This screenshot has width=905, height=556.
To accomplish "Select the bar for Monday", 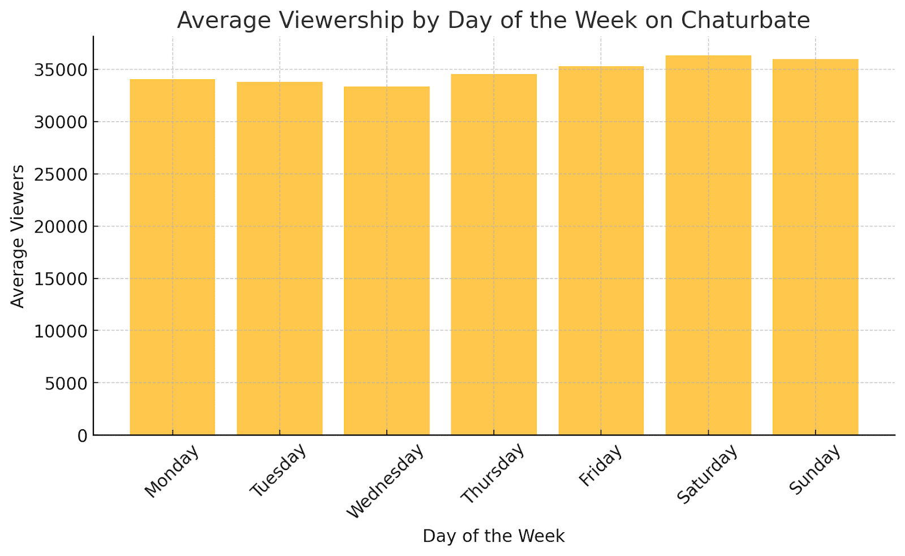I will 173,257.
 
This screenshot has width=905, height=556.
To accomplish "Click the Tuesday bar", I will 279,258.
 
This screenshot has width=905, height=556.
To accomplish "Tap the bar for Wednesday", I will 387,260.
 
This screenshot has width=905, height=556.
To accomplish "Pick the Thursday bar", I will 494,254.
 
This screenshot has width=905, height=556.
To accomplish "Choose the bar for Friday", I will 601,250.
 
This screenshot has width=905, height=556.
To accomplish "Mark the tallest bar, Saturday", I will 708,245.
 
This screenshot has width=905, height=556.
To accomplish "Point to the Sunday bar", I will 815,247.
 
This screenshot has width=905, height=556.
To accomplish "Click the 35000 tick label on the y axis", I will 61,70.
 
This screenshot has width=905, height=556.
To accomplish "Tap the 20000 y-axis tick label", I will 61,227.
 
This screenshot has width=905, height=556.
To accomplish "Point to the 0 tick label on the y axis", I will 83,436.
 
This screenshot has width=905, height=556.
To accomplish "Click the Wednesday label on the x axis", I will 386,481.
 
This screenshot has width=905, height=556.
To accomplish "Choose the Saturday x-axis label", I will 708,473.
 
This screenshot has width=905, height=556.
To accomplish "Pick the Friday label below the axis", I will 601,465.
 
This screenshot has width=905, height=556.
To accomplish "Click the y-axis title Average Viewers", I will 18,236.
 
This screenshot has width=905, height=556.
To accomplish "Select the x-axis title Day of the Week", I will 494,536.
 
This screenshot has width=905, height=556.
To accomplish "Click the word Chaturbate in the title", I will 745,20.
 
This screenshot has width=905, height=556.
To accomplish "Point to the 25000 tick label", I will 61,174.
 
